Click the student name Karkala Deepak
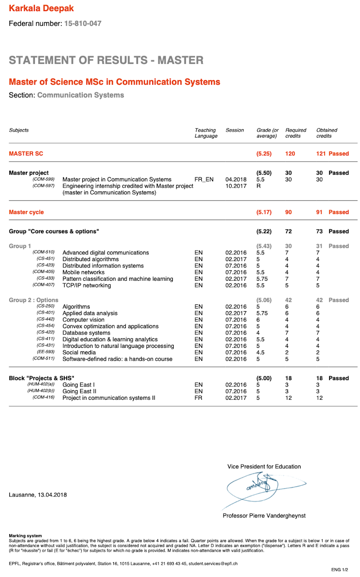(41, 8)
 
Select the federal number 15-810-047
(83, 23)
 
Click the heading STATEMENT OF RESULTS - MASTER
(106, 60)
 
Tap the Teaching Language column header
(206, 133)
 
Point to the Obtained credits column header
(327, 133)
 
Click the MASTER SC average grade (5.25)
(264, 154)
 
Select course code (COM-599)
(43, 179)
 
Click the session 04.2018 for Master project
(236, 179)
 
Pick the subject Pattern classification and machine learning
(118, 279)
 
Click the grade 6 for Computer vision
(258, 320)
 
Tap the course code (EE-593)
(46, 352)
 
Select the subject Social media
(79, 352)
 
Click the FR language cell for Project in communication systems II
(198, 398)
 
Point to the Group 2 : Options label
(33, 300)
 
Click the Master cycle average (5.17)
(264, 212)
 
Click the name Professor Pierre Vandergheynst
(264, 515)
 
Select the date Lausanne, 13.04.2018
(38, 495)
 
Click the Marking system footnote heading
(25, 535)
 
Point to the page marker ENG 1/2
(339, 570)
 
